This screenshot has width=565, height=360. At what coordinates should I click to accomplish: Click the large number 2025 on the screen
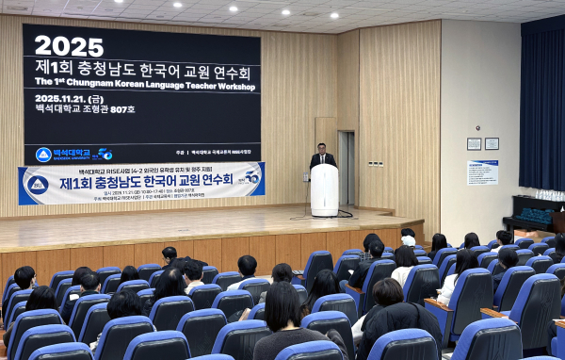click(x=69, y=45)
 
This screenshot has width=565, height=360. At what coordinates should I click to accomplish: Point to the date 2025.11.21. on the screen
click(x=67, y=98)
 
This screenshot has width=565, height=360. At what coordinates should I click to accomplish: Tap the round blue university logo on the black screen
click(x=43, y=155)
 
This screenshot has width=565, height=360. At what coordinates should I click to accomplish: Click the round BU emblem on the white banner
click(x=38, y=185)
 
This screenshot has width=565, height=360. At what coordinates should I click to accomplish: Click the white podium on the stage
click(x=324, y=189)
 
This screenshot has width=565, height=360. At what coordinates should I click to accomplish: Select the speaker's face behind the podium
click(x=323, y=149)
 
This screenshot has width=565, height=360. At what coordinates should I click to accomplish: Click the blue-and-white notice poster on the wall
click(x=482, y=172)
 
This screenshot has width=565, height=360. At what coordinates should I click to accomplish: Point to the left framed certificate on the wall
click(x=474, y=144)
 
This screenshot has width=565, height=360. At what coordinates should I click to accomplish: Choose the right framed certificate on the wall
click(x=492, y=144)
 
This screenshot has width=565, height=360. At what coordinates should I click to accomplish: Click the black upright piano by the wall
click(x=533, y=219)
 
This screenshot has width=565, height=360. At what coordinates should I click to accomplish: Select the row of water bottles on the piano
click(x=536, y=209)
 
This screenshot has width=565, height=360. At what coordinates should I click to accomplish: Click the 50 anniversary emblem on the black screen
click(x=103, y=155)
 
